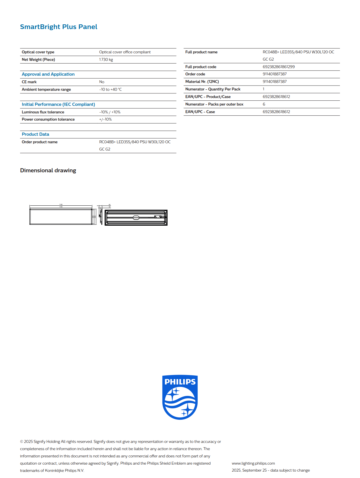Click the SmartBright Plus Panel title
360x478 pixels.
point(59,27)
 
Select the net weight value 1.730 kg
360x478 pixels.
point(106,59)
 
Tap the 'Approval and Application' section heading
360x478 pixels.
point(48,74)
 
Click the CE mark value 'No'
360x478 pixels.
point(102,82)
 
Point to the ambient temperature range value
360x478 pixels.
point(110,89)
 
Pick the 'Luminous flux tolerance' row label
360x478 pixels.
point(43,112)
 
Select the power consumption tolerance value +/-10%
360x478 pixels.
point(105,119)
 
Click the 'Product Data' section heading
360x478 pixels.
point(35,134)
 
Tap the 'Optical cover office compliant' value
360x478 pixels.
point(125,52)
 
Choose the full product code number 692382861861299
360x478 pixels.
point(279,67)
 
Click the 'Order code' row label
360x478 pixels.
point(195,74)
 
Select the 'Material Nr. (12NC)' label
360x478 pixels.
point(202,82)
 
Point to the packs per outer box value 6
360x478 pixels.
point(264,104)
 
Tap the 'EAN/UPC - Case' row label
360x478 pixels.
point(200,112)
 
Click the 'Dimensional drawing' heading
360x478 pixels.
point(48,170)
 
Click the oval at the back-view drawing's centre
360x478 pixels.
point(136,218)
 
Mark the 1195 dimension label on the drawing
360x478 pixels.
point(61,204)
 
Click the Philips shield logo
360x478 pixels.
point(180,397)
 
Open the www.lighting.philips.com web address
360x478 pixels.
point(253,463)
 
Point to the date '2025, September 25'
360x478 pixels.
point(249,470)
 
